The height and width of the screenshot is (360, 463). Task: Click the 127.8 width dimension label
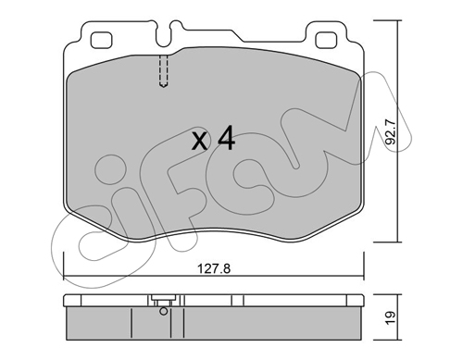click(214, 268)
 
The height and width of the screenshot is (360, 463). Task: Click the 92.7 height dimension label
click(391, 132)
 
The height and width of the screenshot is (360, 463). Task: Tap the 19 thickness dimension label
click(391, 317)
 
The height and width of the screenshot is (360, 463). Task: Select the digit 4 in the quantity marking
click(226, 138)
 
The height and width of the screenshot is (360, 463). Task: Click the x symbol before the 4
click(199, 142)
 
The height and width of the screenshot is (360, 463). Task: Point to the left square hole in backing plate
click(101, 40)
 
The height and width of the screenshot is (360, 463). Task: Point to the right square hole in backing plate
click(326, 40)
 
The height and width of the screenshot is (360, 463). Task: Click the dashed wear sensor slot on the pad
click(164, 71)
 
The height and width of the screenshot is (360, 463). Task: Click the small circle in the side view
click(164, 311)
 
